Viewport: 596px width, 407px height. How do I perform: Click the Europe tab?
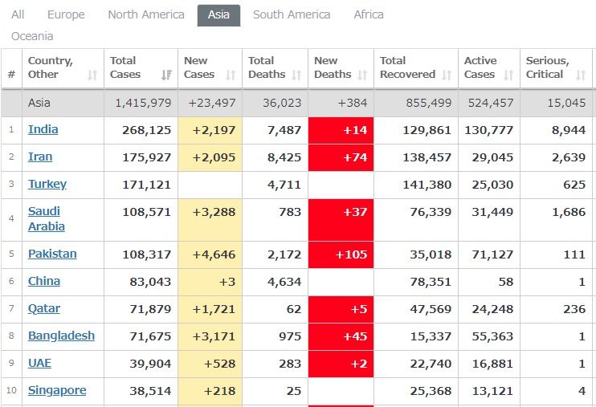[66, 14]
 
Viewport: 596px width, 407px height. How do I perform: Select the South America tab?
[291, 14]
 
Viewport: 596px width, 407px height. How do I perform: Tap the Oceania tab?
[32, 36]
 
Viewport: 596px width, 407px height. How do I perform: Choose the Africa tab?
[369, 14]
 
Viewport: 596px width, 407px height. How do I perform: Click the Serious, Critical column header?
[547, 67]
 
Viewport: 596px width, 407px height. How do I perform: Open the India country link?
[43, 129]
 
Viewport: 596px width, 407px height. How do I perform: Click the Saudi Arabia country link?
[46, 218]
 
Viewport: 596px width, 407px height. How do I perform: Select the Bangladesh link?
[61, 336]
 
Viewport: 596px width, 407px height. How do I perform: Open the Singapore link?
[57, 390]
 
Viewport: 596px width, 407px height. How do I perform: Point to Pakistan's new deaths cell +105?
[341, 254]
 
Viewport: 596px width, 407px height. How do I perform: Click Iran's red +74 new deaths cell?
[341, 157]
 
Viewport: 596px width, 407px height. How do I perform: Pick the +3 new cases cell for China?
[210, 282]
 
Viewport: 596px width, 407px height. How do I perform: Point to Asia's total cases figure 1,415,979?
[143, 103]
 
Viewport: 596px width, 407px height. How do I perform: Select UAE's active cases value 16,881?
[489, 363]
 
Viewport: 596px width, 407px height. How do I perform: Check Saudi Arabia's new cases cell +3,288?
[210, 211]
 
